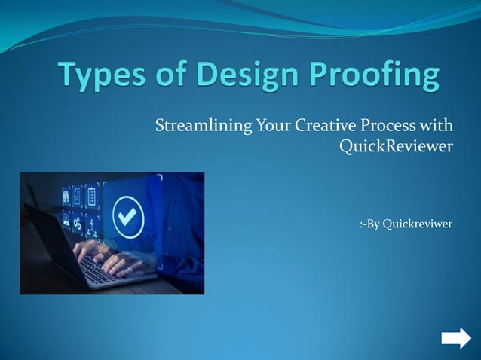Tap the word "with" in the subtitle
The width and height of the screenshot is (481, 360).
436,125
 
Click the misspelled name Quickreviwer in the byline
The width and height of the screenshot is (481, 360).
417,224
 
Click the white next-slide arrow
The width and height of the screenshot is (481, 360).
455,339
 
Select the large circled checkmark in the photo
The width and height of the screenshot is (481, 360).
127,218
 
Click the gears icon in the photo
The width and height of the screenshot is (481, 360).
77,224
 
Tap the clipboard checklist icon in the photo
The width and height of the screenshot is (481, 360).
92,197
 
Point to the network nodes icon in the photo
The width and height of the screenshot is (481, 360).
92,224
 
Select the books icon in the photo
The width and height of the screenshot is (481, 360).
66,197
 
